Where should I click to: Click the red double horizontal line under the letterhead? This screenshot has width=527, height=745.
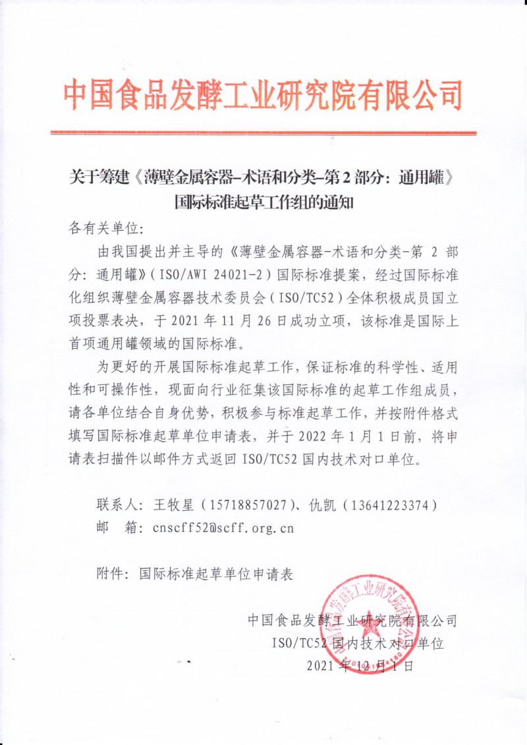tap(263, 133)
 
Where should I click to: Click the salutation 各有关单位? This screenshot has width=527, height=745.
tap(105, 229)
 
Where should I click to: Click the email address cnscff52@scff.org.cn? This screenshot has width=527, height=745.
tap(222, 527)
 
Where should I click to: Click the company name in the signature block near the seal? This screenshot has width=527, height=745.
tap(352, 620)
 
